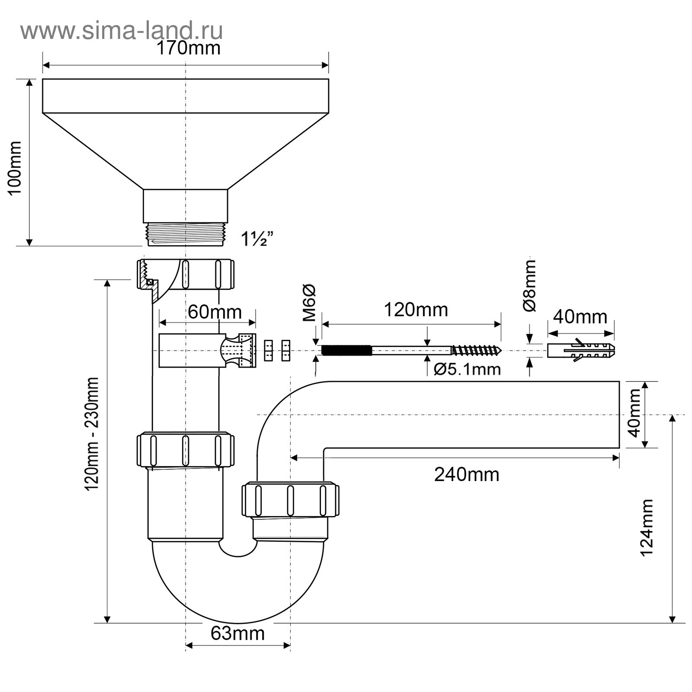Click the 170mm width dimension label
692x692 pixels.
click(x=188, y=48)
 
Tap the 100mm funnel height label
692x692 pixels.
click(x=15, y=168)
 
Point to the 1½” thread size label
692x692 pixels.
click(x=257, y=239)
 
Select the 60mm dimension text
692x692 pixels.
click(x=215, y=312)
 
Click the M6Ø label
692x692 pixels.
click(x=309, y=303)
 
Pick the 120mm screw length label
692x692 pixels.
click(x=416, y=310)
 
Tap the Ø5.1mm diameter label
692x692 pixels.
click(x=467, y=369)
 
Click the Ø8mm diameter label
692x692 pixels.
click(x=529, y=285)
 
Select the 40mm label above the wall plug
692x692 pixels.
click(x=580, y=317)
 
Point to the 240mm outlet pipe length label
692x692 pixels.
click(x=467, y=474)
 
